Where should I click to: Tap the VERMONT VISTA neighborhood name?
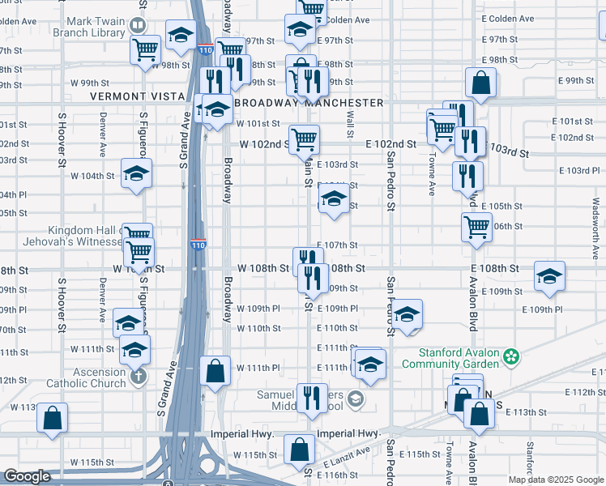(x=138, y=96)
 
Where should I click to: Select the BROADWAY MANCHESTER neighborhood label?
(x=309, y=103)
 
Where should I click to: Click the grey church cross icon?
(x=139, y=377)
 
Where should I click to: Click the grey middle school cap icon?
(x=355, y=399)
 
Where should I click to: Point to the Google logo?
(x=28, y=476)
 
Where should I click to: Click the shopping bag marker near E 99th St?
(x=480, y=82)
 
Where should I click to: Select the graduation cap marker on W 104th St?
(x=136, y=173)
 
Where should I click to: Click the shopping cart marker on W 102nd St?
(x=304, y=139)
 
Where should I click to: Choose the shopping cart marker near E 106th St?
(x=477, y=227)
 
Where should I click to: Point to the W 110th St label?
(x=258, y=328)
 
